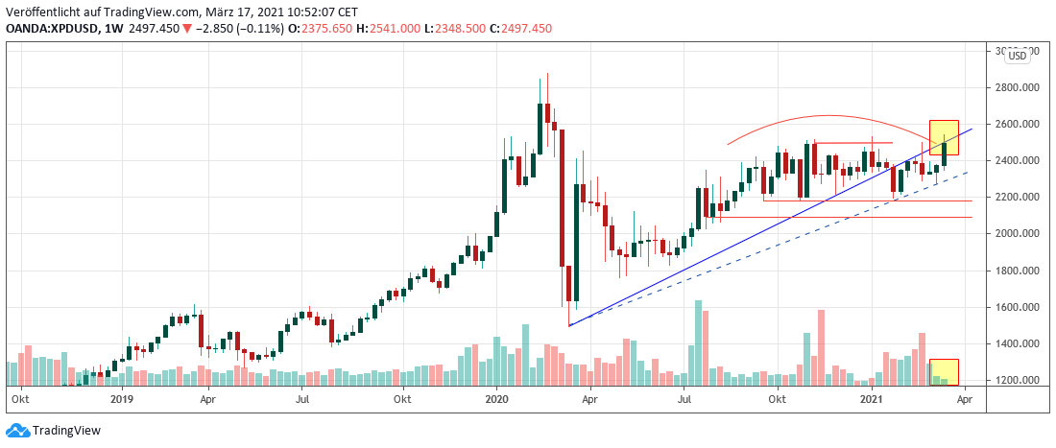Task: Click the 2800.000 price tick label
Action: pos(1017,87)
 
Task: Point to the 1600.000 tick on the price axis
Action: pos(1017,307)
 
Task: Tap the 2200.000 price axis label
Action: pos(1017,198)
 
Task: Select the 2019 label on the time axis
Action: pos(120,398)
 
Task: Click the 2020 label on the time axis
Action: pos(496,398)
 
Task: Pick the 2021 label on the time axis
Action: pos(871,398)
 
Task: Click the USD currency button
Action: pos(1018,56)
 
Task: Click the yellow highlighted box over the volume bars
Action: pos(945,372)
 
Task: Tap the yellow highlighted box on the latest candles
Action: pos(945,137)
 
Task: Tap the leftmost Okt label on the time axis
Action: pos(18,398)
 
